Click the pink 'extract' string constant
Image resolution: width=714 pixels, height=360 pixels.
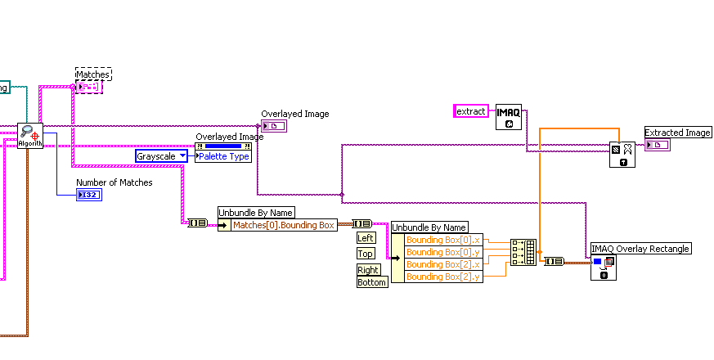click(471, 110)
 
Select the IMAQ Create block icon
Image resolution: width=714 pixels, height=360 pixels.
click(509, 118)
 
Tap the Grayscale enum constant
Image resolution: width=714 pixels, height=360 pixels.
click(161, 155)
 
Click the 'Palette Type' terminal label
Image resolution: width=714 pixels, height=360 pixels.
click(223, 156)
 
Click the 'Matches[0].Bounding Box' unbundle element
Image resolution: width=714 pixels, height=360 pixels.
click(283, 225)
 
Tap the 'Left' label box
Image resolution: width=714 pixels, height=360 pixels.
click(366, 237)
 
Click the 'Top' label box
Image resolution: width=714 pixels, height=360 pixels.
click(366, 254)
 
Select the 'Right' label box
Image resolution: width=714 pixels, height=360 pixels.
click(368, 269)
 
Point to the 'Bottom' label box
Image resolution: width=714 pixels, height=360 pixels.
click(372, 282)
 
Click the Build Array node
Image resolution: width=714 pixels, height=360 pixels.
click(523, 253)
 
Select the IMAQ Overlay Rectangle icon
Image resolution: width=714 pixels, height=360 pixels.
click(604, 268)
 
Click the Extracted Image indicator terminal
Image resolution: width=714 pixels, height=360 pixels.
click(657, 145)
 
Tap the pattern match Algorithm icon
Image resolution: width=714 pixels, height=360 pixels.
click(29, 136)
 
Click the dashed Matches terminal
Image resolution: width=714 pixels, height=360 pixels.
click(89, 87)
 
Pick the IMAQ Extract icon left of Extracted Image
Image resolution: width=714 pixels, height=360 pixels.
click(622, 154)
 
